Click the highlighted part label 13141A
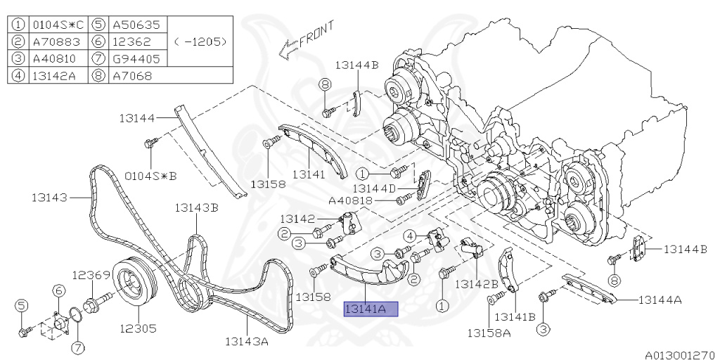[x=370, y=309]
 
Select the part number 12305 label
[x=137, y=328]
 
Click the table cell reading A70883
[x=56, y=41]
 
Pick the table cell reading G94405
[x=136, y=58]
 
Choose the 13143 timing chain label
[x=49, y=198]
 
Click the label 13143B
[x=196, y=207]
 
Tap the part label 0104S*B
[x=150, y=174]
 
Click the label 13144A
[x=660, y=300]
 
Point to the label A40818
[x=350, y=200]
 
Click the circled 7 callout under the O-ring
[x=77, y=346]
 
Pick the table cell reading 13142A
[x=56, y=75]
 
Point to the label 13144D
[x=373, y=188]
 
